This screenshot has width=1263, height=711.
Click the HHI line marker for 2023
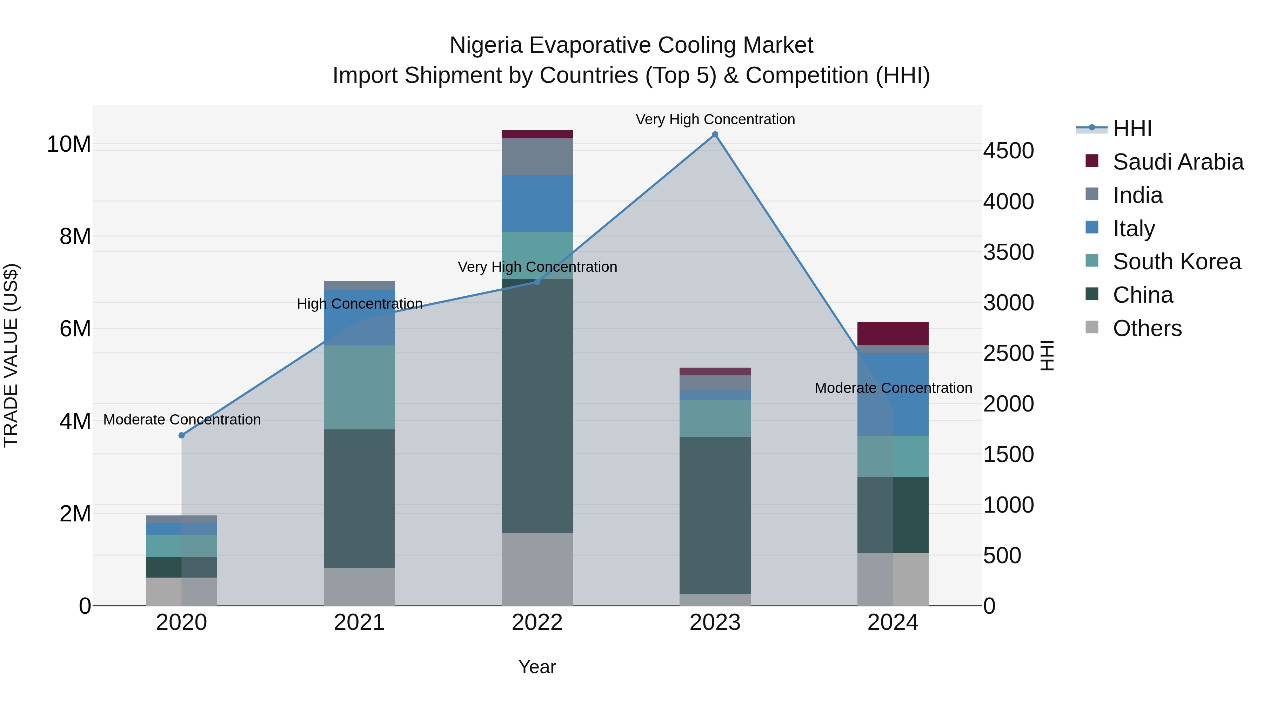pyautogui.click(x=715, y=134)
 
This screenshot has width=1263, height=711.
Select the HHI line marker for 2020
pyautogui.click(x=181, y=435)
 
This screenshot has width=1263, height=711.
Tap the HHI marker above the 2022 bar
pyautogui.click(x=537, y=282)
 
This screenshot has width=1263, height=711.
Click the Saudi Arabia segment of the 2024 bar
pyautogui.click(x=893, y=334)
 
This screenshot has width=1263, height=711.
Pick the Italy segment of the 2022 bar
pyautogui.click(x=537, y=204)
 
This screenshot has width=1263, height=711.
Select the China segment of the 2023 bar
pyautogui.click(x=715, y=515)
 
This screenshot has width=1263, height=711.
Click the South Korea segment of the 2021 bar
pyautogui.click(x=359, y=388)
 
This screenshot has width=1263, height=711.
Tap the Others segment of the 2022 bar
pyautogui.click(x=537, y=569)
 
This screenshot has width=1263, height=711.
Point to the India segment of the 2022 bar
pyautogui.click(x=537, y=157)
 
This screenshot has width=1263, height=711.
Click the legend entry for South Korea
pyautogui.click(x=1177, y=262)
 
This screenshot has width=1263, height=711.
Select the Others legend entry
pyautogui.click(x=1147, y=328)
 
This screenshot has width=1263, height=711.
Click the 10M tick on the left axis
pyautogui.click(x=69, y=144)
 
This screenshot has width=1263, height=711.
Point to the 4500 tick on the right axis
pyautogui.click(x=1009, y=151)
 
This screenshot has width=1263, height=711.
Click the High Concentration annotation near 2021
pyautogui.click(x=359, y=304)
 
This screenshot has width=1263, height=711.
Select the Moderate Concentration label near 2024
pyautogui.click(x=893, y=388)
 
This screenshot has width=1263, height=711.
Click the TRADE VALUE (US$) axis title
pyautogui.click(x=11, y=355)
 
